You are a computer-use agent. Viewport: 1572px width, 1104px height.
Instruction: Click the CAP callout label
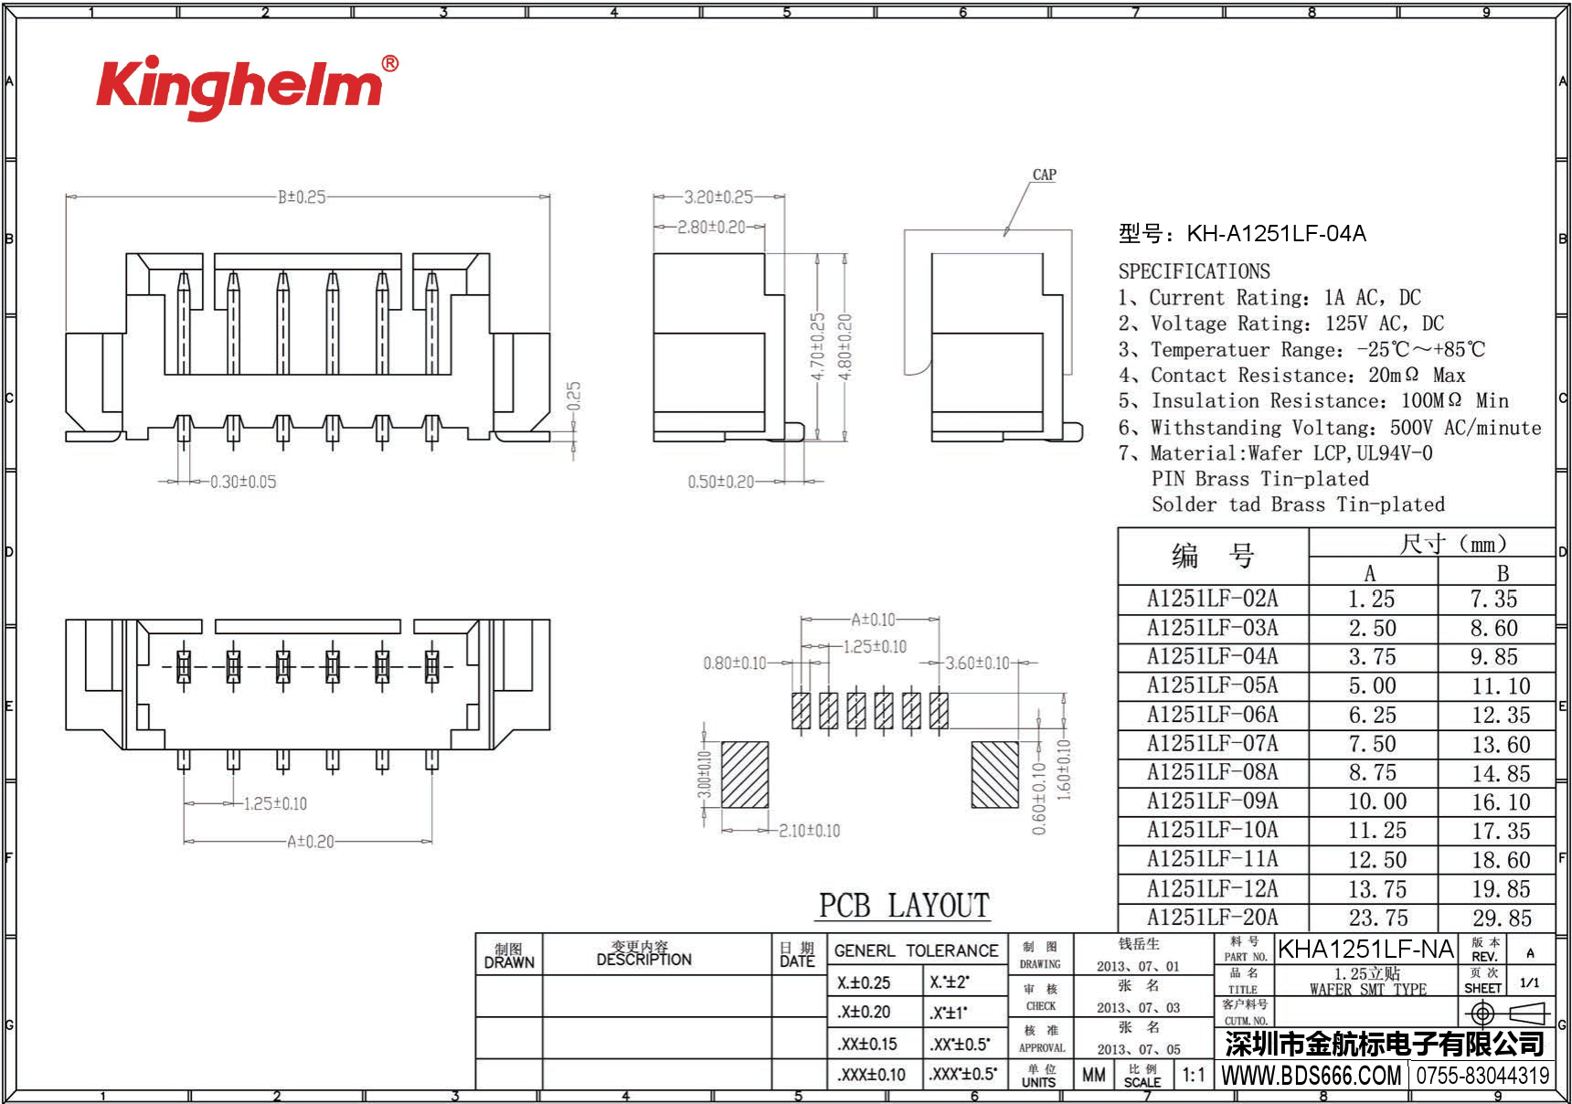click(1044, 175)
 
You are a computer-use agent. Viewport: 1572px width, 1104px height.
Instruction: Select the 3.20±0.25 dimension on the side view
click(718, 196)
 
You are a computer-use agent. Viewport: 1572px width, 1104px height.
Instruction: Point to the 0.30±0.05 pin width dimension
click(242, 482)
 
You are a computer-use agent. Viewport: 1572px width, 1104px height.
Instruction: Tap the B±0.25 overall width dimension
click(302, 196)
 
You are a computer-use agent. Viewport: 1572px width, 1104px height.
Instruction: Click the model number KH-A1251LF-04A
click(1276, 234)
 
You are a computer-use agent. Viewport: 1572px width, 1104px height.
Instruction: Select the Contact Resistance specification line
click(1291, 376)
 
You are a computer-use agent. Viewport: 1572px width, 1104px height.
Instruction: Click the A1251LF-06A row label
click(1212, 715)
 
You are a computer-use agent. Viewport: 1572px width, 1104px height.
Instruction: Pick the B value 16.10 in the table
click(1500, 802)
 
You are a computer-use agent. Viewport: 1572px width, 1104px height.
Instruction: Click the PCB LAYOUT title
click(904, 906)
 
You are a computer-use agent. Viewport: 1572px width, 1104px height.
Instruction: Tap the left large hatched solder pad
click(745, 774)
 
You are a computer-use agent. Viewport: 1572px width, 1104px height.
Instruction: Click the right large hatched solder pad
click(994, 774)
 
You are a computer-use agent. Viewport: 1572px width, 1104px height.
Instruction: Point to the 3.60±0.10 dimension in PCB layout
click(977, 663)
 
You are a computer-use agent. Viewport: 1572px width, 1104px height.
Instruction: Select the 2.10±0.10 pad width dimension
click(809, 831)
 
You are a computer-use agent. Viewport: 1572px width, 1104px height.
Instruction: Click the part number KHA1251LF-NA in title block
click(1365, 950)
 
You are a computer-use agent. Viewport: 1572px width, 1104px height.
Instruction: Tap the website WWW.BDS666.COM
click(1311, 1076)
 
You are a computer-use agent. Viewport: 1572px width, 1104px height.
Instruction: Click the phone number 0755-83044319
click(1482, 1076)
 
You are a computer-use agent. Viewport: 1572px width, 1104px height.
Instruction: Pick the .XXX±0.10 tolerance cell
click(871, 1075)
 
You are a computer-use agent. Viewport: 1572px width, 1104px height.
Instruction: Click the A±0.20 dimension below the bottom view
click(311, 842)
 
